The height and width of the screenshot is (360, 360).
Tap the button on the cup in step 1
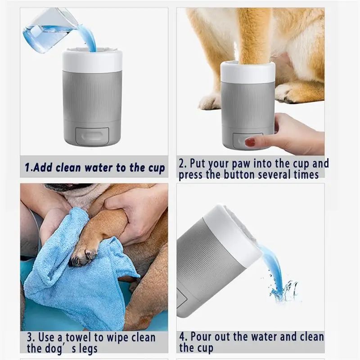pos(92,136)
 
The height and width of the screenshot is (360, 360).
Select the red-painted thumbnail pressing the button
pos(250,142)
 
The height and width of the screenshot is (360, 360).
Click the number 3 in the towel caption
pos(30,337)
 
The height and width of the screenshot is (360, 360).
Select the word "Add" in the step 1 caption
pos(44,168)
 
